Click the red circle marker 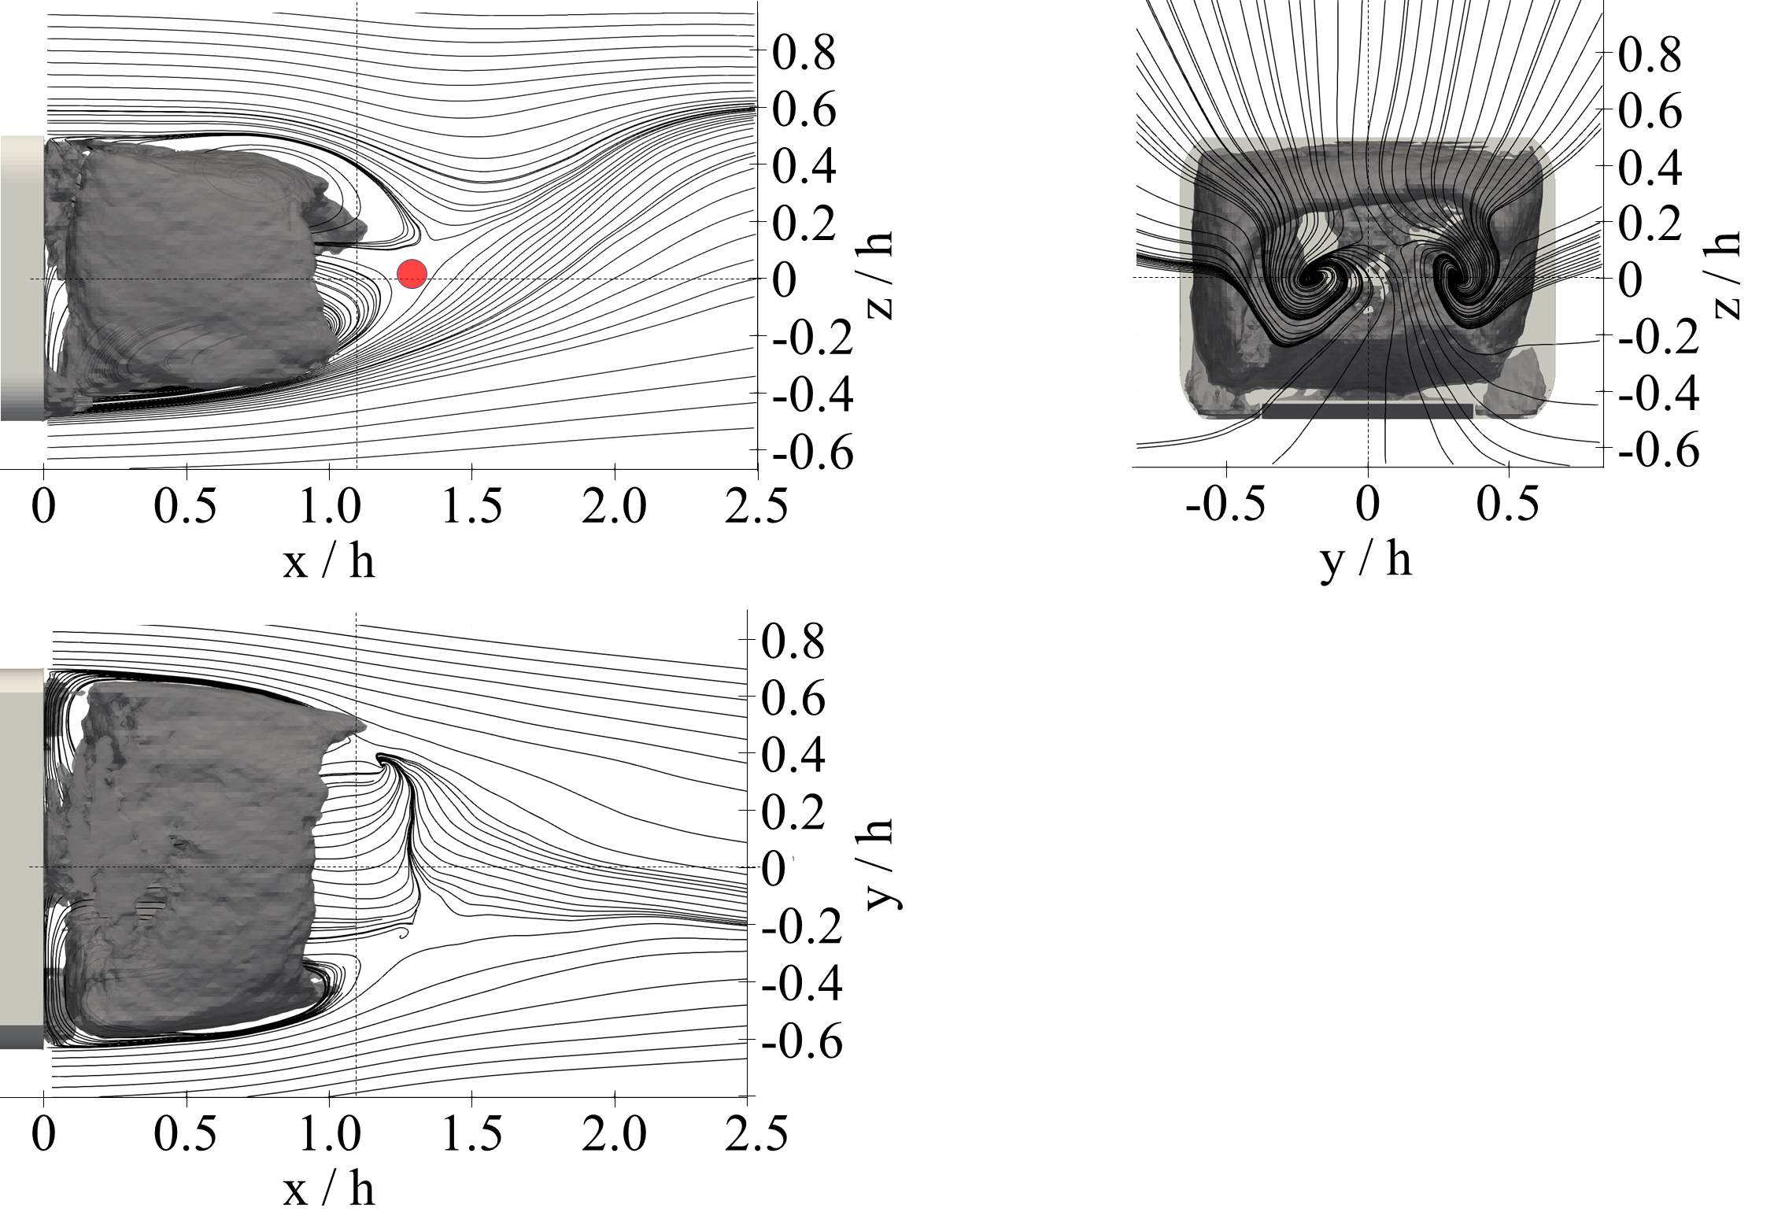412,273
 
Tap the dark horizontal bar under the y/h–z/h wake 1367,411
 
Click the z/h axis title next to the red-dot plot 880,275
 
